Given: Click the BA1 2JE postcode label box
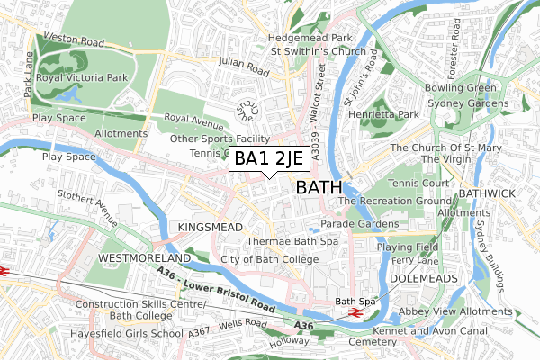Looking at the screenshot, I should [271, 159].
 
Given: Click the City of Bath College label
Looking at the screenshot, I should [270, 259].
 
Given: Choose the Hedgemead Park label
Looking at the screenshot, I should [313, 38].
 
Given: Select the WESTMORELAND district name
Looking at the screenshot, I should [144, 258].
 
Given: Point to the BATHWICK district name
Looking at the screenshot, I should [486, 193].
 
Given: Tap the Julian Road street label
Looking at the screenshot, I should [243, 67].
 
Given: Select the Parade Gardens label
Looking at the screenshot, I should [360, 223].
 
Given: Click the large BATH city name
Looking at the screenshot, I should [319, 188].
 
